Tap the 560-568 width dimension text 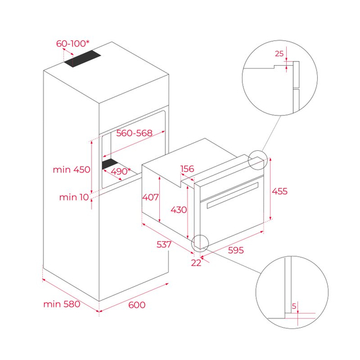coord(136,133)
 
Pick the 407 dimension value coord(150,197)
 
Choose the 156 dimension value coord(188,169)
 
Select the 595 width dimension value coord(234,250)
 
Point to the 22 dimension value coord(196,263)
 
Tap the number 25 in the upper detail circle coord(279,54)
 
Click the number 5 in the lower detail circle coord(294,306)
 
